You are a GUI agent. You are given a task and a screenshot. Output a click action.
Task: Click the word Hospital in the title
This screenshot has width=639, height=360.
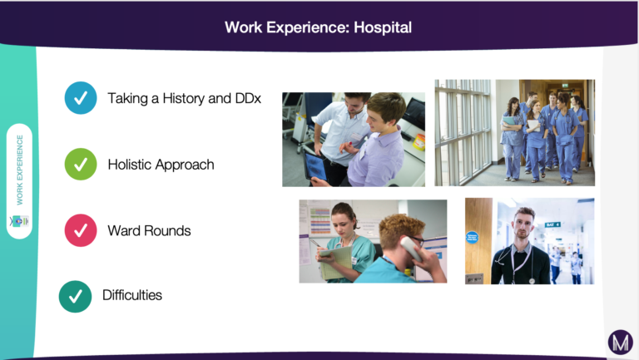[383, 27]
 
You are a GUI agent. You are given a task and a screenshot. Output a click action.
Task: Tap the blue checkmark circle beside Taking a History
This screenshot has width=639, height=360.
[81, 98]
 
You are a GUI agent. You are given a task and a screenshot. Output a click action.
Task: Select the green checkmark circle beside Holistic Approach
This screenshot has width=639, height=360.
[81, 164]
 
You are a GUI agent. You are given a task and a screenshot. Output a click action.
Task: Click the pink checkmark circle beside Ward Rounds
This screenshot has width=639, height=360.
[81, 230]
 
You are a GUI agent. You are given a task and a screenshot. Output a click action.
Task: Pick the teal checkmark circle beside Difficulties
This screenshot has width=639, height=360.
[76, 297]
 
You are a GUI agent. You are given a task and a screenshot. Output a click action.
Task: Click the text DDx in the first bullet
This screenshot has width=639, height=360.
[248, 99]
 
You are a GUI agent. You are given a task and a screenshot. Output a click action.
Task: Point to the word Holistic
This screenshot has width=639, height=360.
[130, 165]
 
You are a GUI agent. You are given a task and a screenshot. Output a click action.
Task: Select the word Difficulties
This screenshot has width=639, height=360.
[132, 295]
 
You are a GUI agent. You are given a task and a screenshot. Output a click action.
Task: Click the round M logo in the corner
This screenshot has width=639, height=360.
[620, 342]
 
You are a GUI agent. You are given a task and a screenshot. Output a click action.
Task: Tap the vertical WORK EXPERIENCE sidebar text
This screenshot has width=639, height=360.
[20, 170]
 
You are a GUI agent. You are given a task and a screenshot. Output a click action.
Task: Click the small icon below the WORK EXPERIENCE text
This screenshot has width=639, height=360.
[20, 221]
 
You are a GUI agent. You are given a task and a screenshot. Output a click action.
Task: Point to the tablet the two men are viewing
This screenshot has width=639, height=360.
[316, 167]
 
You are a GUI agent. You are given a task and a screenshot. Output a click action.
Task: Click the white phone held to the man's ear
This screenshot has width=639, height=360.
[411, 249]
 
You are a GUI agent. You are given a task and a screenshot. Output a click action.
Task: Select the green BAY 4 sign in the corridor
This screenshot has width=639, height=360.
[552, 224]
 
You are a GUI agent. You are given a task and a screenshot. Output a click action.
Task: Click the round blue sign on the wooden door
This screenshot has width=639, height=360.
[472, 237]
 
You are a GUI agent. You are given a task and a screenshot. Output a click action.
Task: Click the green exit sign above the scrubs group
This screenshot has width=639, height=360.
[564, 85]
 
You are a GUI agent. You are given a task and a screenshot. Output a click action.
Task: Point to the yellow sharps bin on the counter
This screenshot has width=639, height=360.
[419, 142]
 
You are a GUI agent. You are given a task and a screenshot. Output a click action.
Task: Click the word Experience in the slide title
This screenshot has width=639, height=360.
[308, 27]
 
